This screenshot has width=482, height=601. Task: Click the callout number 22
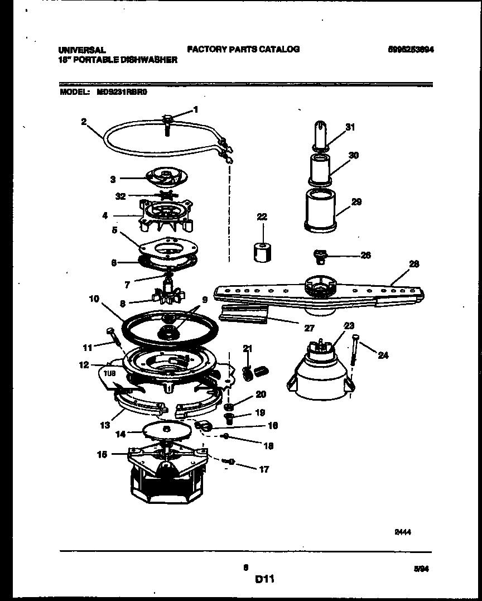(x=262, y=217)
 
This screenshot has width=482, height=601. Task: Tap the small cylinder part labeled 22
(x=262, y=252)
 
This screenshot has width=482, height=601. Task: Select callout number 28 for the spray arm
(x=414, y=264)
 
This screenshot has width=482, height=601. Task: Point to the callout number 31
(x=350, y=127)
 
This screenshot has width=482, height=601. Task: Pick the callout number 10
(x=93, y=299)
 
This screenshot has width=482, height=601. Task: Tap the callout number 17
(x=264, y=469)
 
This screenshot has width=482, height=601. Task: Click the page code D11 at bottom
(x=264, y=580)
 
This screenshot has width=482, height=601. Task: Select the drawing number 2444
(x=403, y=532)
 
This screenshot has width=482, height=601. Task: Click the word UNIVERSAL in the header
(x=82, y=50)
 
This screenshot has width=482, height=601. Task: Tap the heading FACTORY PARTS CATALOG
(x=243, y=49)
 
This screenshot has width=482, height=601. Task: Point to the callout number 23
(x=349, y=325)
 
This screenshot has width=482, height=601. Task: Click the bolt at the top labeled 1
(x=167, y=119)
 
